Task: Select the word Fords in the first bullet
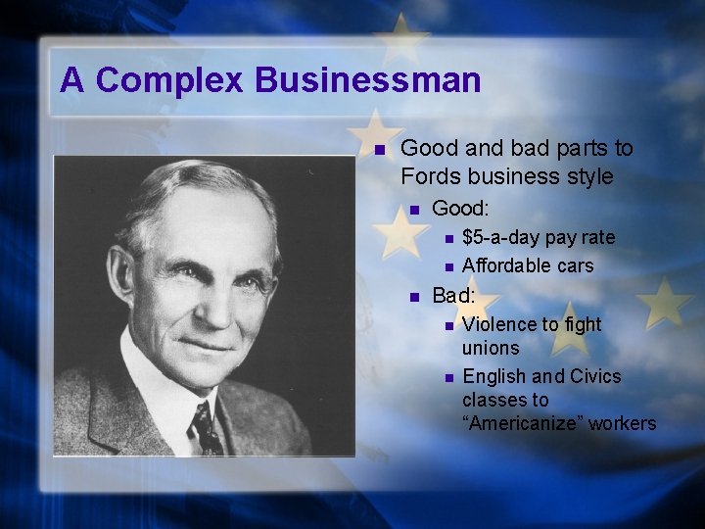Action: pos(432,177)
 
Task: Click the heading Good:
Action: pos(460,209)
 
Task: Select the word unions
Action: pos(491,348)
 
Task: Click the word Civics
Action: pos(596,376)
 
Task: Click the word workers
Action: pos(623,423)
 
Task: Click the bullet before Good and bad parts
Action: pos(382,150)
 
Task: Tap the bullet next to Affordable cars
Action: pos(446,266)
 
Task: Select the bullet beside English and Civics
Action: pos(446,377)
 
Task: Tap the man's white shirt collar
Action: pos(166,382)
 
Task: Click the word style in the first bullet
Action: pos(590,177)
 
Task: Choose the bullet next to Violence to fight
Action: pos(446,325)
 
